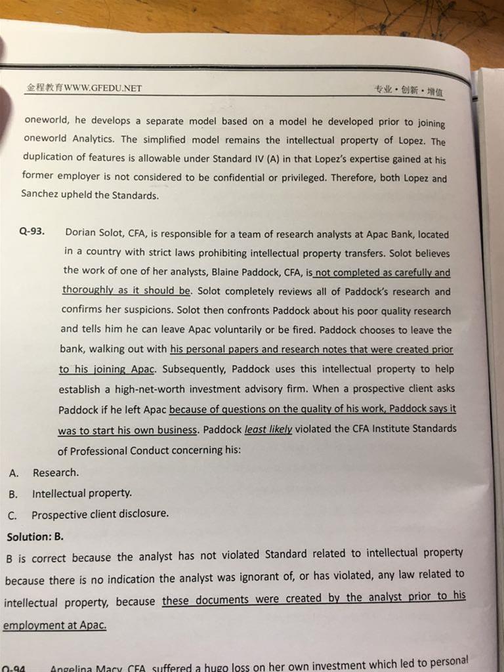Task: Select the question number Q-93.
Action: (x=33, y=232)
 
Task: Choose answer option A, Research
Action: (x=55, y=472)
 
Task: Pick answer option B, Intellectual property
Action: (x=81, y=493)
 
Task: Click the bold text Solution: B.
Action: (x=35, y=537)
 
